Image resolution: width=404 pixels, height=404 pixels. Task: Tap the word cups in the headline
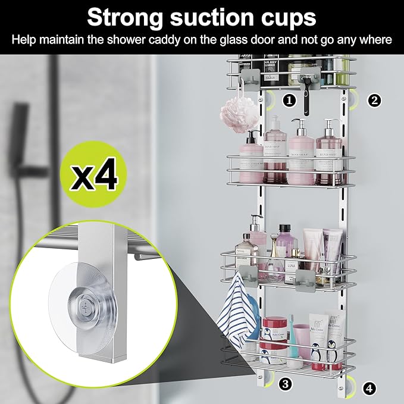[x=287, y=17]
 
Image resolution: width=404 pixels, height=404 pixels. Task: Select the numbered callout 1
[x=289, y=100]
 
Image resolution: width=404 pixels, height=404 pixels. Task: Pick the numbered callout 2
[x=374, y=100]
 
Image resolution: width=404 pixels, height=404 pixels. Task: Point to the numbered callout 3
[x=286, y=384]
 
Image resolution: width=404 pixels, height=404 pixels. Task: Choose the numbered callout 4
[x=369, y=389]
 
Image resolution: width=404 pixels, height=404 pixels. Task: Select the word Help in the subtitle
[x=24, y=40]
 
